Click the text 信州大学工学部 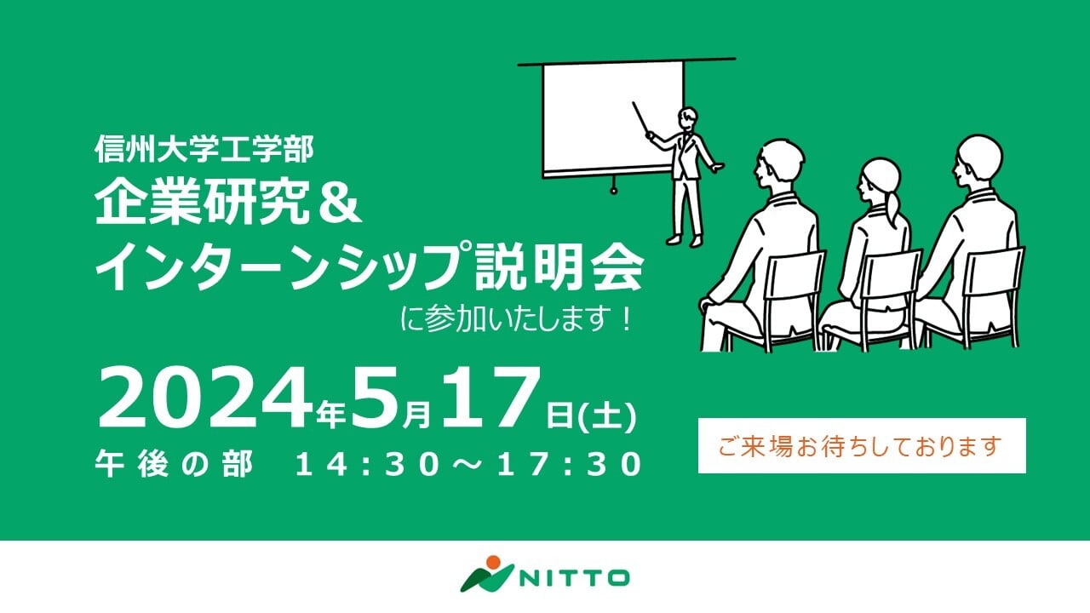[204, 149]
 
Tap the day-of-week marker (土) [607, 416]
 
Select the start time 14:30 [370, 464]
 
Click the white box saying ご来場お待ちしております [862, 445]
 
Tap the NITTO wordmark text [574, 578]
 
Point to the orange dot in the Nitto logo [493, 562]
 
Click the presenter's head [687, 118]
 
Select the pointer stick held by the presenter [642, 119]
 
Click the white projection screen [613, 117]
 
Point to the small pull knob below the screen [614, 190]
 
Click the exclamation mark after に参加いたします [626, 319]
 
